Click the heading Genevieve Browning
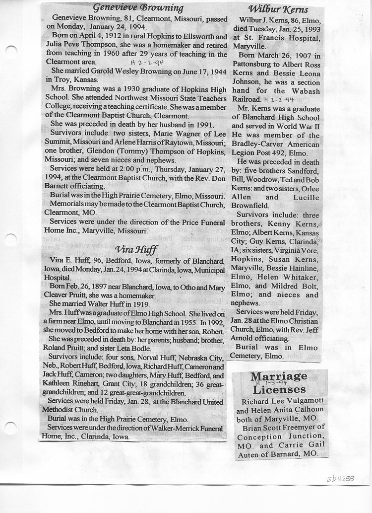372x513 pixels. pos(138,8)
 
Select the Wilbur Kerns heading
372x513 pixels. pos(278,9)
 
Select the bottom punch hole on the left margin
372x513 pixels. pos(11,427)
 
